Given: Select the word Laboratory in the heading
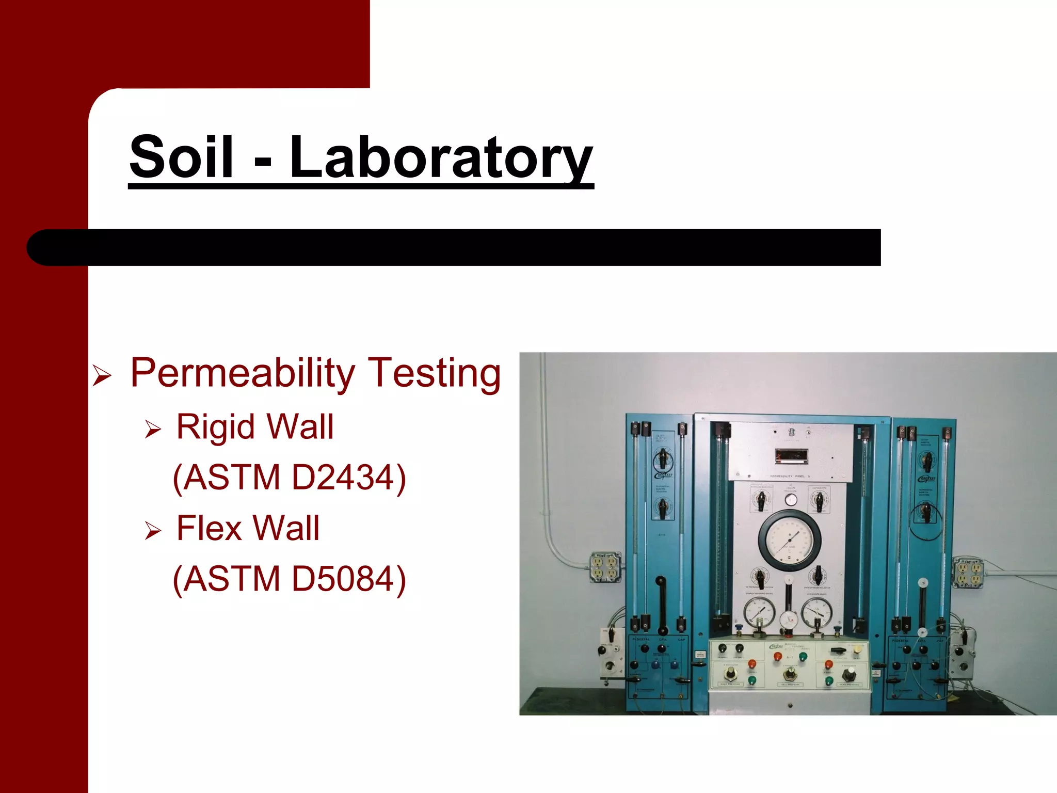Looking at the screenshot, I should pyautogui.click(x=441, y=157).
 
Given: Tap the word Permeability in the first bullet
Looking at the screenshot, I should pyautogui.click(x=243, y=373).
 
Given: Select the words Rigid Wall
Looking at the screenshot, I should pyautogui.click(x=255, y=427).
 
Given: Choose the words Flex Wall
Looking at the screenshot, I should pyautogui.click(x=248, y=528).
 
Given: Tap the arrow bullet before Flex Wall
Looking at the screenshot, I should pyautogui.click(x=153, y=531).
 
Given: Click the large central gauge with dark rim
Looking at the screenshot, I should pyautogui.click(x=789, y=540).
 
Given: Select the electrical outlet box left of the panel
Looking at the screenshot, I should pyautogui.click(x=605, y=568).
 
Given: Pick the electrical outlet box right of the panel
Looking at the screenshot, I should pyautogui.click(x=967, y=573).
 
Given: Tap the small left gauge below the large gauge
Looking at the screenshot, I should pyautogui.click(x=759, y=614).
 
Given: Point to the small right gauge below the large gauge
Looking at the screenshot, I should pyautogui.click(x=816, y=614).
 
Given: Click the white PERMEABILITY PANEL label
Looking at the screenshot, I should pyautogui.click(x=790, y=476).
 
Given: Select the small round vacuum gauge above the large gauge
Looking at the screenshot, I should pyautogui.click(x=790, y=499).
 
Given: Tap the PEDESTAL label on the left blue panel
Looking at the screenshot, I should pyautogui.click(x=641, y=640).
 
